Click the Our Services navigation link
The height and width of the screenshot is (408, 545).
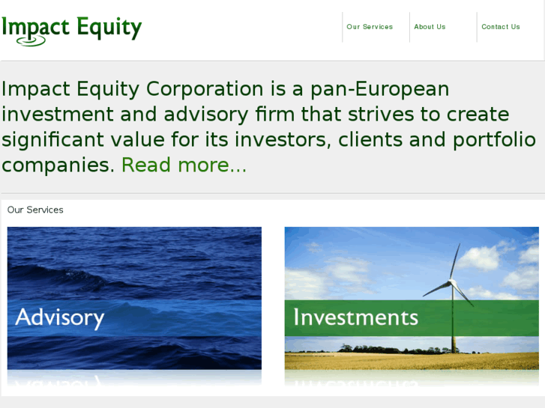click(x=370, y=27)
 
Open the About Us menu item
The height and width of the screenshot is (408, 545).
click(x=430, y=27)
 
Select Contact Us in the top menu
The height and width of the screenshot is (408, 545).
click(x=500, y=27)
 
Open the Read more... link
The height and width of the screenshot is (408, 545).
click(x=184, y=165)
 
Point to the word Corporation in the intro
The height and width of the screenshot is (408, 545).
click(x=205, y=89)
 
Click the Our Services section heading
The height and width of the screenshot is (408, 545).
click(x=35, y=210)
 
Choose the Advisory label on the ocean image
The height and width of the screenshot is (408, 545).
click(x=60, y=317)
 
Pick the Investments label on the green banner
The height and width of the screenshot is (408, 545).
click(x=355, y=317)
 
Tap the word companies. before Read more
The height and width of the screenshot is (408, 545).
click(x=58, y=165)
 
